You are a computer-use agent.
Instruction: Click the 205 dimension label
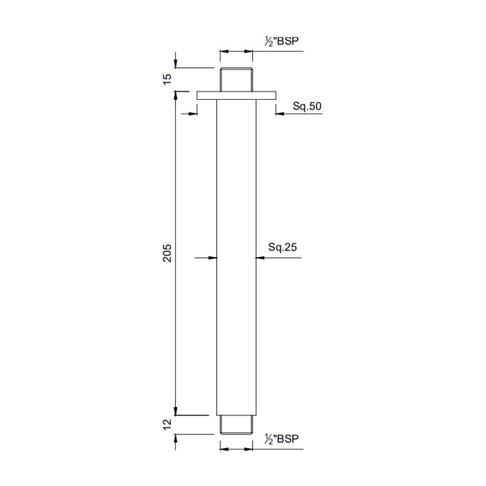167,253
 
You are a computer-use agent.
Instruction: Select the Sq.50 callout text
307,106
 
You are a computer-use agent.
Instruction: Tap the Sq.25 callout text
283,247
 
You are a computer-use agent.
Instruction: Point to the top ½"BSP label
282,41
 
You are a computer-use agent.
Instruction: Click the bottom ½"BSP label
282,439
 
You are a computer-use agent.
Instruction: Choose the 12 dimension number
167,424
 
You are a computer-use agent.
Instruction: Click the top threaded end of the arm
236,80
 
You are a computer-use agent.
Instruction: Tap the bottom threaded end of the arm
236,425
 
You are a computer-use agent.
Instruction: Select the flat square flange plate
236,95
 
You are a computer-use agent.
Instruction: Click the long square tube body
236,256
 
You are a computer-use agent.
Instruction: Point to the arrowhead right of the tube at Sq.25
260,258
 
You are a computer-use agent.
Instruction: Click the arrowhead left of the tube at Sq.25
213,258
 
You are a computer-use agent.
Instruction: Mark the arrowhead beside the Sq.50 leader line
279,113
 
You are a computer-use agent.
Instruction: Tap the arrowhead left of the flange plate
193,113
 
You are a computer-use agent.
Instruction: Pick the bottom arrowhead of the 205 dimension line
175,411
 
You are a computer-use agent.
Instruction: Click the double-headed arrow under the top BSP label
236,51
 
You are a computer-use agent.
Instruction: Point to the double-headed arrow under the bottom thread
236,449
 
